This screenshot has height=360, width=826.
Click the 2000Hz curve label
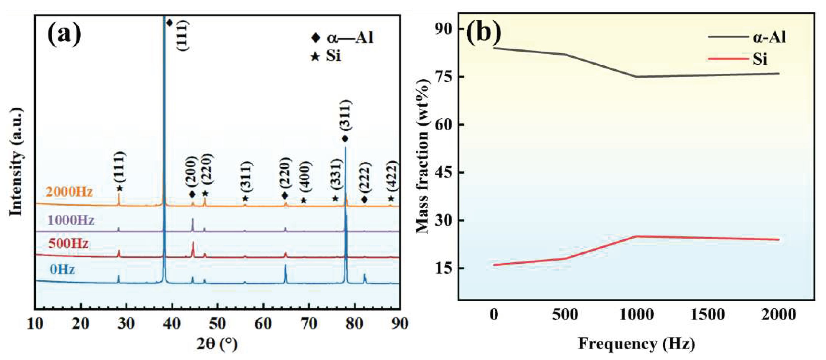(69, 192)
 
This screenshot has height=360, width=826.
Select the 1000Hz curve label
(71, 220)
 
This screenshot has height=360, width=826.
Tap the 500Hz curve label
(68, 244)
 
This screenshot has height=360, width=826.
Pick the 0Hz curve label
(62, 269)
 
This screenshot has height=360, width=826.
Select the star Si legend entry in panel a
(326, 56)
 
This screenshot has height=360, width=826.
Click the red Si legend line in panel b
(728, 59)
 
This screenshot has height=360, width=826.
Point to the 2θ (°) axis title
(217, 344)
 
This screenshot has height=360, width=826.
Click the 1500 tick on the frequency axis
(707, 315)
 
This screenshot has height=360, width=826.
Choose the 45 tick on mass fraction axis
(443, 173)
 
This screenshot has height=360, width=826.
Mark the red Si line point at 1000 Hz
(636, 236)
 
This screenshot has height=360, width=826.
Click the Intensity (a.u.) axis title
(16, 162)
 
